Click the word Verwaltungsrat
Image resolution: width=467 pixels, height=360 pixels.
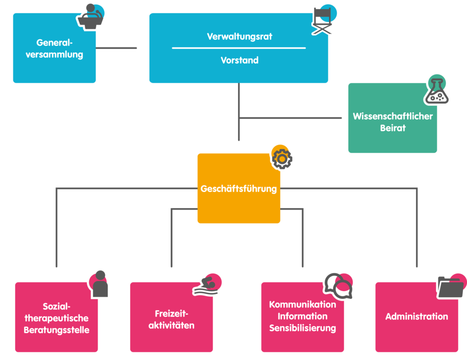tap(239, 37)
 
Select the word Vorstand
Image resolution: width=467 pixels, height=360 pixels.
tap(239, 60)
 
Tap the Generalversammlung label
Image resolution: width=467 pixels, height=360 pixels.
tap(54, 48)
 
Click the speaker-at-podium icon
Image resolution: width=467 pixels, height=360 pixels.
tap(91, 17)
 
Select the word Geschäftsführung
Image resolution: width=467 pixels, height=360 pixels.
tap(239, 189)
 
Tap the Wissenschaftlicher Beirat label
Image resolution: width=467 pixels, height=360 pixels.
tap(393, 122)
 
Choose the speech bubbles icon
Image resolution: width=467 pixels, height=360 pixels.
tap(338, 286)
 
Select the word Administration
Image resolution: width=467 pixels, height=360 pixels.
tap(417, 317)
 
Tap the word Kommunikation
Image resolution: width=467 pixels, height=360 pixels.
tap(303, 305)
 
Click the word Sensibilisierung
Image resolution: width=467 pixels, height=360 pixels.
tap(303, 328)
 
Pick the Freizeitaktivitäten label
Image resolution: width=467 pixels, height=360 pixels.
tap(171, 319)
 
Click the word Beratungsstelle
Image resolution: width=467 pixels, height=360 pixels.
tap(57, 330)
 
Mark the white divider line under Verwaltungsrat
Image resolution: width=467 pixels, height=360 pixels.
tap(239, 48)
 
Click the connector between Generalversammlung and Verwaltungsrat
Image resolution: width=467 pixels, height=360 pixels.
tap(116, 48)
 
